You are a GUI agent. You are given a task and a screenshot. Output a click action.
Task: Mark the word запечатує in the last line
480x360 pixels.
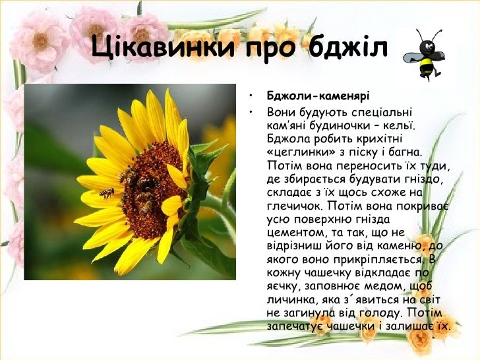294,326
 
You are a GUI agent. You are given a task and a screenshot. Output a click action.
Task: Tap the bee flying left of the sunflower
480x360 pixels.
106,193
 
